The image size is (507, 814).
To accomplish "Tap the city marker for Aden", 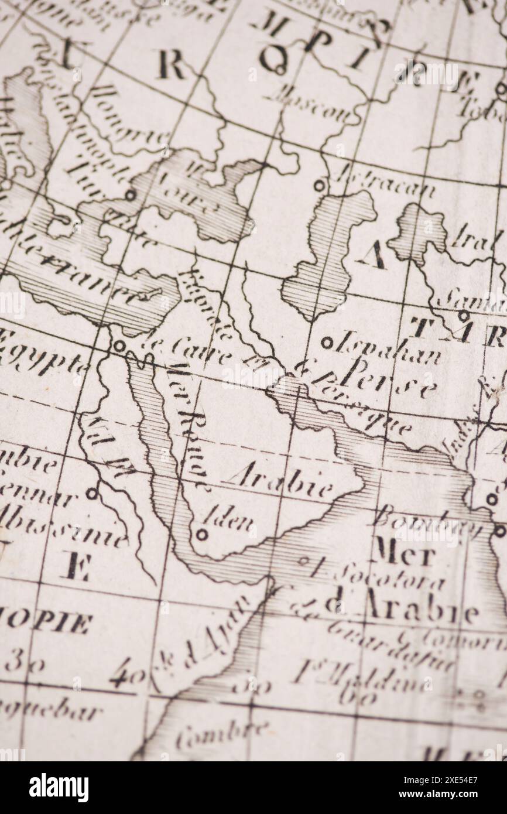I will pos(201,534).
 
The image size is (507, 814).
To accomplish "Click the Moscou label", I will pos(310,105).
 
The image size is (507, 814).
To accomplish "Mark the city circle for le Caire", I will pos(119,346).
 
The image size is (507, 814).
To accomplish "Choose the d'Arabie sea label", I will pos(398,608).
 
